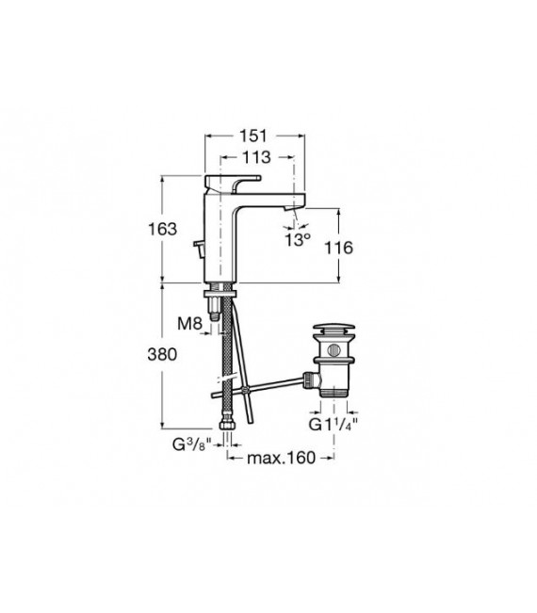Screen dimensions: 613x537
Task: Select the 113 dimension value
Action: [252, 157]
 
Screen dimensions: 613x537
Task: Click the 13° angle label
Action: [298, 240]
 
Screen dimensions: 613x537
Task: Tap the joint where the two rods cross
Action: [243, 389]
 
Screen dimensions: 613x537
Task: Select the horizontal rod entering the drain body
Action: [283, 381]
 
